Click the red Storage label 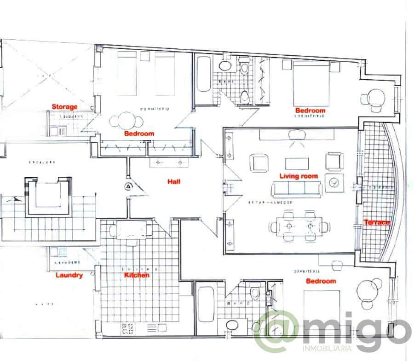click(x=64, y=107)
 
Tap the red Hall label click(x=174, y=182)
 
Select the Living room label click(x=299, y=176)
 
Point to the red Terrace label click(x=377, y=222)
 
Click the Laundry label click(x=69, y=275)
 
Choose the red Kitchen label click(x=137, y=275)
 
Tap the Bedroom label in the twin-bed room click(x=139, y=134)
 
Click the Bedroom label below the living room click(x=321, y=281)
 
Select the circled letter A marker click(x=128, y=186)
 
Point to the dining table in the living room click(x=299, y=227)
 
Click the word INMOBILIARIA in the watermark click(x=327, y=349)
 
